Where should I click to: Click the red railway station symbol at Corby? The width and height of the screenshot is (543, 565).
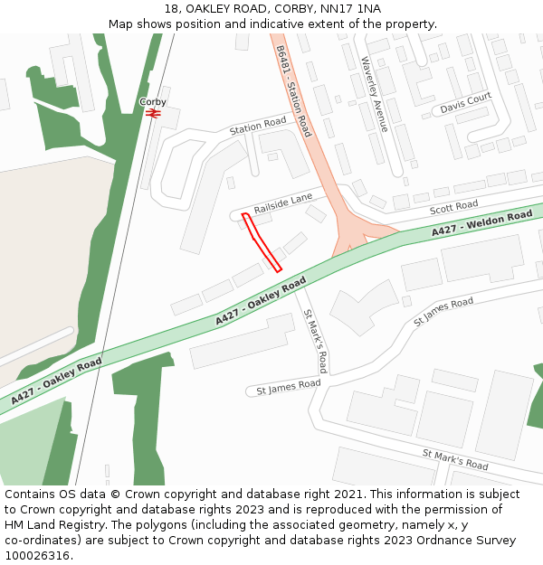(153, 115)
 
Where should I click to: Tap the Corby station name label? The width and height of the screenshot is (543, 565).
(153, 102)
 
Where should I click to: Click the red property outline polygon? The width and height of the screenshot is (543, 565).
(262, 242)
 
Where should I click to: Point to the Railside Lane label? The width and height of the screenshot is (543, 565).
(283, 203)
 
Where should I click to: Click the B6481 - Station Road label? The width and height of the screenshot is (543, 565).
(293, 90)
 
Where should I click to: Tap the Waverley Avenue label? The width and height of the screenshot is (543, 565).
(375, 94)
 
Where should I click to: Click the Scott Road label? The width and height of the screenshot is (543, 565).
(453, 209)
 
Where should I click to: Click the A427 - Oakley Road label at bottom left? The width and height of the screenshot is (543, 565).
(56, 380)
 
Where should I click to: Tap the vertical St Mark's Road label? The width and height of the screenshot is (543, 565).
(315, 341)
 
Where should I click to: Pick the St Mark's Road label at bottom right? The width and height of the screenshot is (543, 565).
(455, 459)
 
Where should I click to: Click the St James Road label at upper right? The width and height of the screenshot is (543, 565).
(443, 313)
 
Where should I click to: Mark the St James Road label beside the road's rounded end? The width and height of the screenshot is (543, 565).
(289, 387)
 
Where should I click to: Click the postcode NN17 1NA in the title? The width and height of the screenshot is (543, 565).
(350, 9)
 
